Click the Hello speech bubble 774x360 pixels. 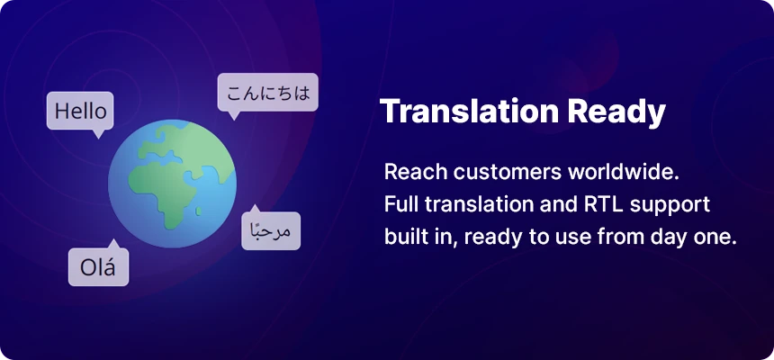coord(80,111)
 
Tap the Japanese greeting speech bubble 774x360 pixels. coord(267,93)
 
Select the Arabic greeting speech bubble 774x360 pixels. coord(271,230)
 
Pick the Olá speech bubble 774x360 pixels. coord(98,266)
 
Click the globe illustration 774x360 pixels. coord(172,184)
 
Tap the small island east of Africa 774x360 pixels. coord(198,211)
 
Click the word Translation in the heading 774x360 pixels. coord(470,112)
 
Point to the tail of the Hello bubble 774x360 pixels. coord(99,134)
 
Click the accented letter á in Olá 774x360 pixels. coord(110,266)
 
